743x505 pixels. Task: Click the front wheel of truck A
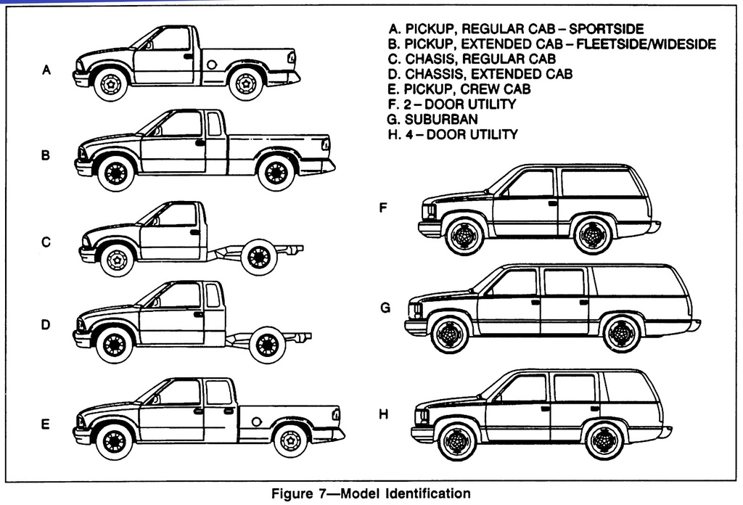110,83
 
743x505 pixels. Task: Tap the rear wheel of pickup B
276,173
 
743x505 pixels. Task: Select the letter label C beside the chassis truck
46,243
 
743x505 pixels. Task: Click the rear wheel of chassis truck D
267,345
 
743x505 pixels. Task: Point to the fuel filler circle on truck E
256,422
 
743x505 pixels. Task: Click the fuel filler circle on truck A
211,65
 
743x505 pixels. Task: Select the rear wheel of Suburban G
621,334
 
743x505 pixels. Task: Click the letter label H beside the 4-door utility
383,414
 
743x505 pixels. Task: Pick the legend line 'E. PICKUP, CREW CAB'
459,89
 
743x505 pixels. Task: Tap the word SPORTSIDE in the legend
606,29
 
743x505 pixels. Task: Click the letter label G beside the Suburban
385,308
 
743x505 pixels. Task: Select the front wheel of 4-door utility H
457,440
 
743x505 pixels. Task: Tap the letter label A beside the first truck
46,70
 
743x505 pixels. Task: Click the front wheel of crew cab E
114,440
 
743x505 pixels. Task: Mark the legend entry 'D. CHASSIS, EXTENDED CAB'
480,74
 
